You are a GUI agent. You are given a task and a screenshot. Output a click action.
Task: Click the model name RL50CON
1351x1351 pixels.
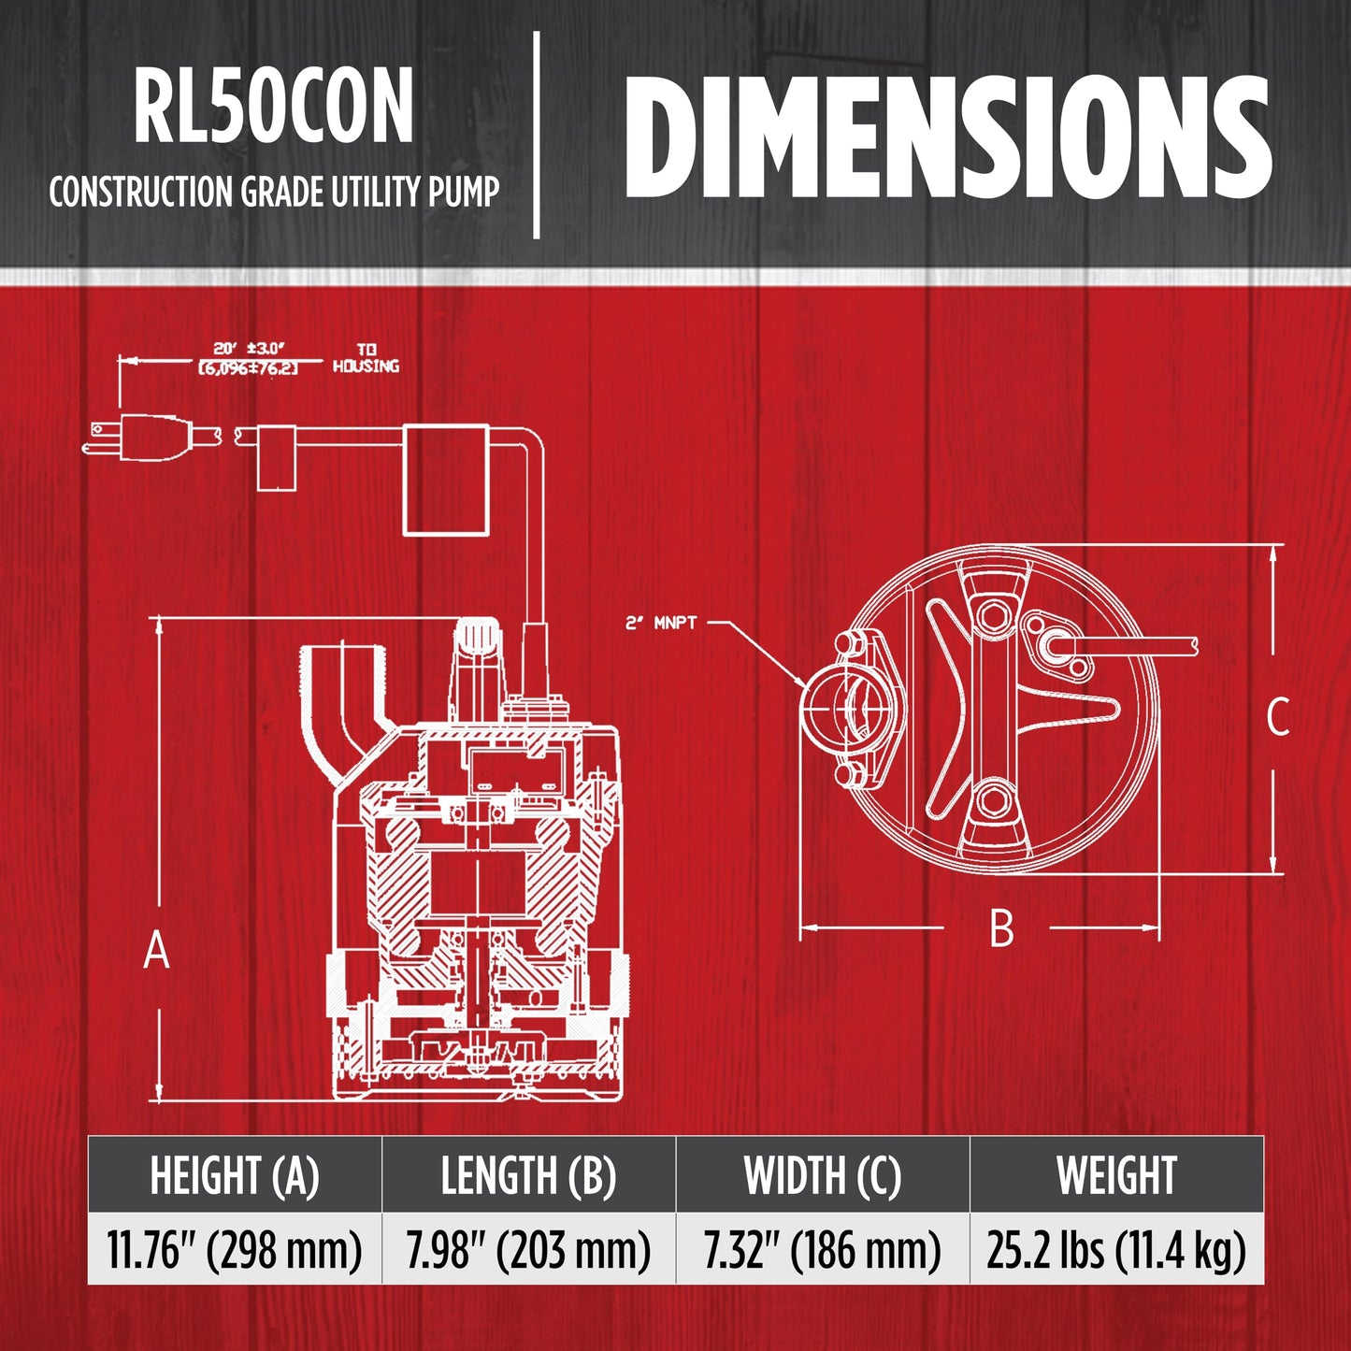tap(273, 107)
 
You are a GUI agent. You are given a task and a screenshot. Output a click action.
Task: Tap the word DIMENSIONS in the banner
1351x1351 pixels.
tap(947, 136)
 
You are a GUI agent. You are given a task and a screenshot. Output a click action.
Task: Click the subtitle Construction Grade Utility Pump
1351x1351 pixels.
tap(274, 192)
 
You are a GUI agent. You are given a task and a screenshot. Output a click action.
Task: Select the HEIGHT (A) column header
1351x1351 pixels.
tap(234, 1176)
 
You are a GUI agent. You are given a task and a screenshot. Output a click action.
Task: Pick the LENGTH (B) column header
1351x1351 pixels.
tap(528, 1176)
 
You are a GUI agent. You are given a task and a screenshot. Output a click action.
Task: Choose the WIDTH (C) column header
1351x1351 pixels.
tap(823, 1176)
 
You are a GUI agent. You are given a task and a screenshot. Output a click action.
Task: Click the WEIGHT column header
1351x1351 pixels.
tap(1117, 1176)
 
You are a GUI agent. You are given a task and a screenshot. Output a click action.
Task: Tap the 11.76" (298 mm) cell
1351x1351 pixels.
tap(234, 1250)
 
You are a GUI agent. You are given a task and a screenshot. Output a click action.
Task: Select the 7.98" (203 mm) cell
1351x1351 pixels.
tap(528, 1250)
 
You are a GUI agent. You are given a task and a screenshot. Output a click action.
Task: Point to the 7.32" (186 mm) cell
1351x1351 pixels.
tap(823, 1250)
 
